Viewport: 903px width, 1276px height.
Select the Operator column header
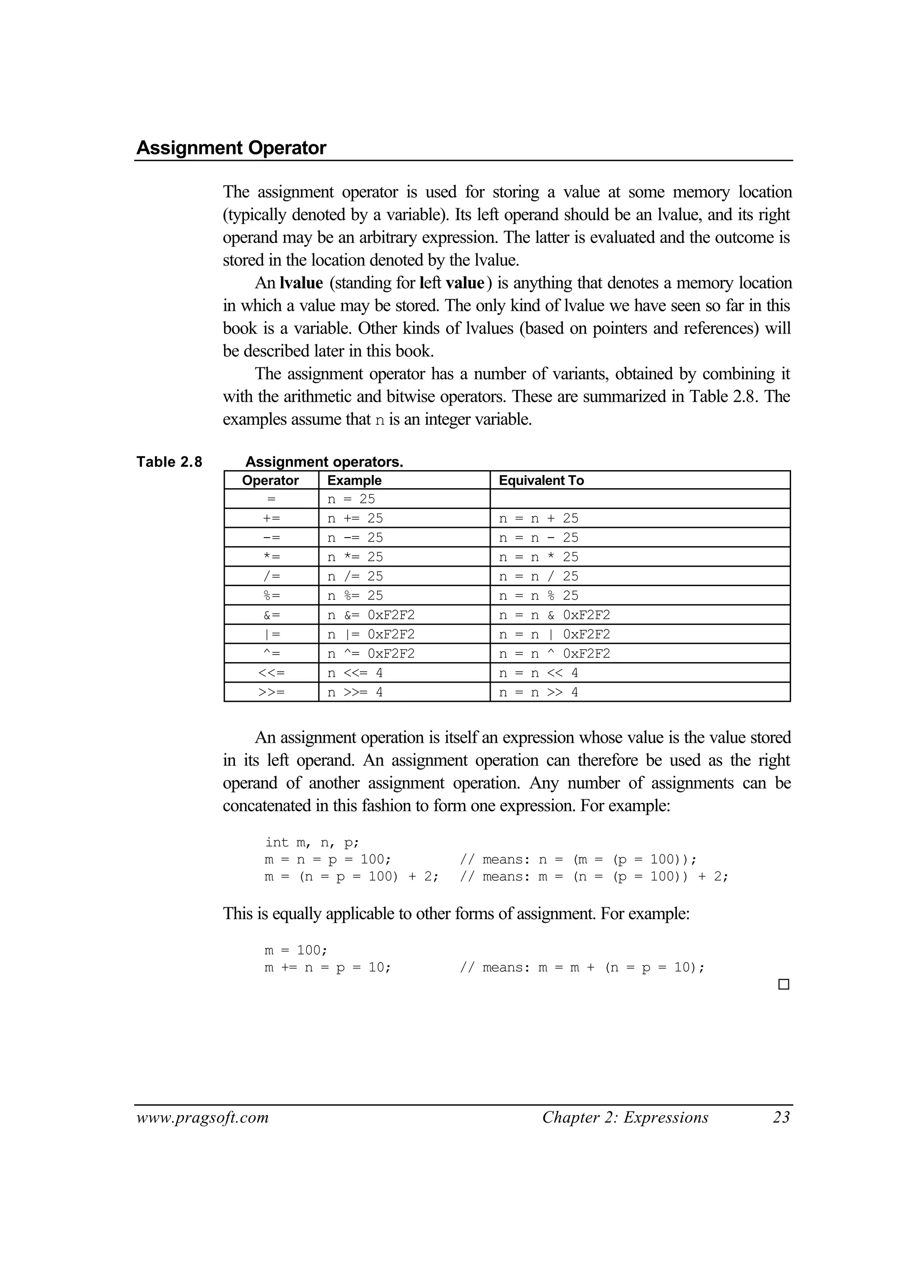pos(270,480)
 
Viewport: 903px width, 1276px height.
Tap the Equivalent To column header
pos(541,480)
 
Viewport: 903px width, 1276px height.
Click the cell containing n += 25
pos(355,518)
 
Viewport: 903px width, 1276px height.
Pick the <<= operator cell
pos(271,673)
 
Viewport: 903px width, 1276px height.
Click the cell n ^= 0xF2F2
pos(371,653)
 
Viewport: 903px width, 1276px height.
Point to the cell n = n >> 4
pos(538,692)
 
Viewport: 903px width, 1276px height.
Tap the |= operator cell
pos(271,634)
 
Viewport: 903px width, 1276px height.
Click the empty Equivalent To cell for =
pos(639,499)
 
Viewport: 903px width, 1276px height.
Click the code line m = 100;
pos(296,950)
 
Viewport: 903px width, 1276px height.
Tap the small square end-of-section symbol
pos(784,984)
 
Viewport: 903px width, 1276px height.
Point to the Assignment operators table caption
pos(324,462)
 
